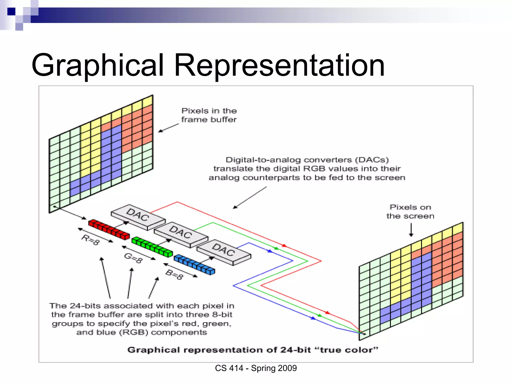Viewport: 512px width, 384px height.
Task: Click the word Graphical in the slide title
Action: [97, 65]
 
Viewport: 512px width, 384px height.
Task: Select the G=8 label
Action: [133, 257]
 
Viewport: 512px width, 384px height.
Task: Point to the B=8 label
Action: [174, 274]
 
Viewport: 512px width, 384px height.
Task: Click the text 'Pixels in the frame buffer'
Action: [209, 115]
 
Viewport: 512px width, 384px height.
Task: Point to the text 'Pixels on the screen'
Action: [410, 211]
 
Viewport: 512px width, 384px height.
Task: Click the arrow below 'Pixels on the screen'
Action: [411, 230]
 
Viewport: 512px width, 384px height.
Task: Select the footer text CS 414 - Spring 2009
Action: [256, 368]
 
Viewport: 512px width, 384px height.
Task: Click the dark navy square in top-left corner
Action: [11, 11]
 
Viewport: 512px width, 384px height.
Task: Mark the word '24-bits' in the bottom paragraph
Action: [85, 306]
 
